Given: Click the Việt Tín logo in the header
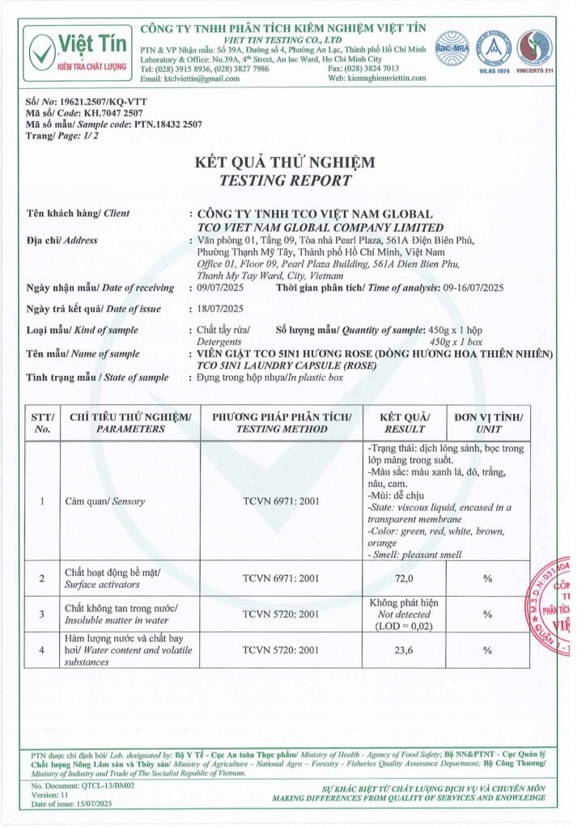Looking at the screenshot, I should click(77, 49).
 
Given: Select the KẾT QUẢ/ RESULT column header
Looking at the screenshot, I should click(404, 422).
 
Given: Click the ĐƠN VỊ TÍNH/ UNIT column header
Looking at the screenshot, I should click(488, 422).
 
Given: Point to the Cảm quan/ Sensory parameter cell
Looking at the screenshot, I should click(104, 501).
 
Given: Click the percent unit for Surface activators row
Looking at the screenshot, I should click(488, 578).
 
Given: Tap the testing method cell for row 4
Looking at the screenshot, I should click(281, 649).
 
